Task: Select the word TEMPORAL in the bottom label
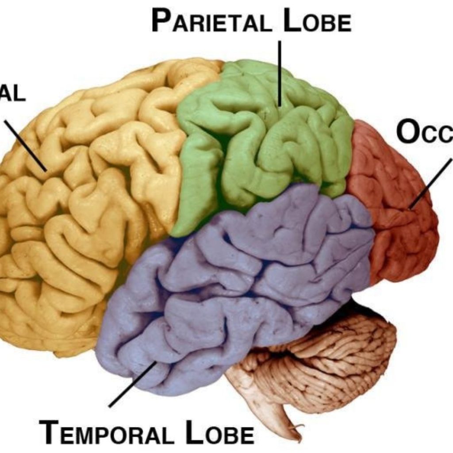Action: coord(106,432)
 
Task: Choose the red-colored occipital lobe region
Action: coord(394,212)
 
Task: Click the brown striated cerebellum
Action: coord(336,358)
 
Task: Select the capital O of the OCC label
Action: coord(407,132)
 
